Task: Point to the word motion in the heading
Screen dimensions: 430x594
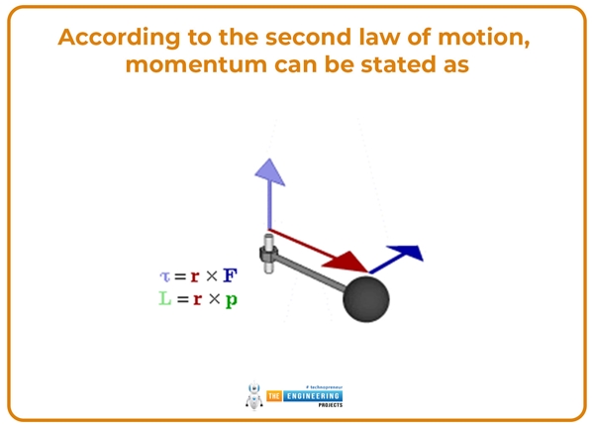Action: [x=480, y=38]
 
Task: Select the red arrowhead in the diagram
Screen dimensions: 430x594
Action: [x=348, y=262]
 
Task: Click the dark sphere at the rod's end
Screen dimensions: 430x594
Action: [x=365, y=298]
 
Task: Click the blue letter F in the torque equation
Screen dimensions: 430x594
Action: [x=230, y=276]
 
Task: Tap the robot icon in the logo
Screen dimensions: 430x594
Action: [x=252, y=395]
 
